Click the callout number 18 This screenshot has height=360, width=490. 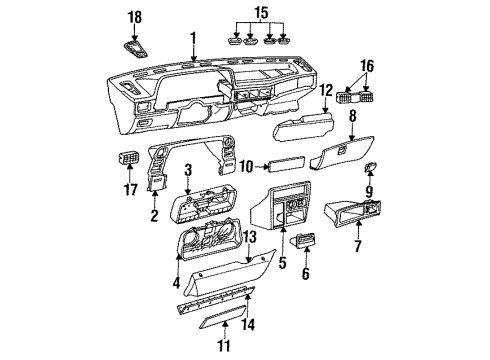[135, 17]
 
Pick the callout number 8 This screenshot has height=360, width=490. [351, 117]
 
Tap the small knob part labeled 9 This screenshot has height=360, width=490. [371, 168]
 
